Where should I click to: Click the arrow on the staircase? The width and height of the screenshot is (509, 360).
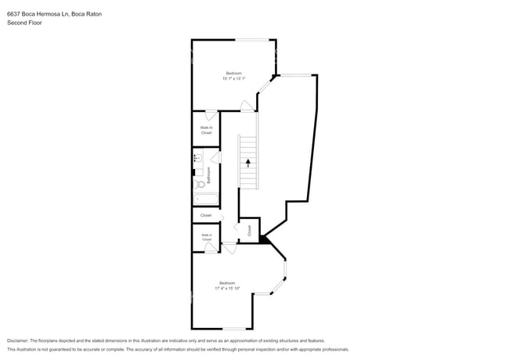point(248,163)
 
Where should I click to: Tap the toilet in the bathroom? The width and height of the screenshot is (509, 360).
point(200,185)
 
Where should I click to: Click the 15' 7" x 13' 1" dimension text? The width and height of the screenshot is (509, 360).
point(234,78)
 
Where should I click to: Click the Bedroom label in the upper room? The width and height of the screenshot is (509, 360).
point(234,73)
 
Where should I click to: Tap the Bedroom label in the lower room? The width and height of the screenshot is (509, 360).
point(227,283)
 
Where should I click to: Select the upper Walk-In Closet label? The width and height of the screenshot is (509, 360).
point(206,130)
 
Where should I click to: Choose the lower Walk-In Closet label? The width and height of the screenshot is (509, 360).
point(206,236)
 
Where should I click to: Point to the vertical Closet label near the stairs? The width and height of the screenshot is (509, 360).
point(249,230)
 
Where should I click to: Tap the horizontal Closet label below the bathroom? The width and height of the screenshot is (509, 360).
point(206,215)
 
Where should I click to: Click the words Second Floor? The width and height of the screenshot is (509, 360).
point(24,23)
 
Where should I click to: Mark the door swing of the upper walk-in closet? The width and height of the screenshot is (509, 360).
point(211,116)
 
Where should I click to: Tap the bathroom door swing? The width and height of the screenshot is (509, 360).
point(215,158)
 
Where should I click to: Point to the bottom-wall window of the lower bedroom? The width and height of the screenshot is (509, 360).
point(236,329)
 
